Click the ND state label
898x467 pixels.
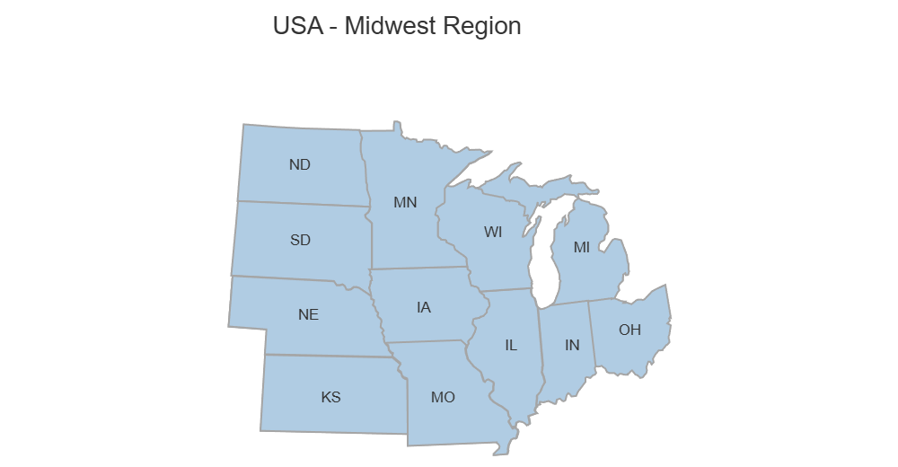point(300,164)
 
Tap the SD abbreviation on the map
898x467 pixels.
point(300,240)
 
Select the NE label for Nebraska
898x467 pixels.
point(308,314)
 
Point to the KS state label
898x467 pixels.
point(330,396)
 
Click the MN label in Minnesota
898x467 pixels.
point(405,202)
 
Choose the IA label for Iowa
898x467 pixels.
point(424,307)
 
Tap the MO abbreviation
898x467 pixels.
point(443,396)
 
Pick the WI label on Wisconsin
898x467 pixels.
point(493,232)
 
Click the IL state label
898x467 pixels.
point(511,344)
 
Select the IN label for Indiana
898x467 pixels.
point(572,344)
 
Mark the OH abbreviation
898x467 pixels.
point(629,330)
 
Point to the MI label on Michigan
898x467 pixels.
point(582,247)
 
